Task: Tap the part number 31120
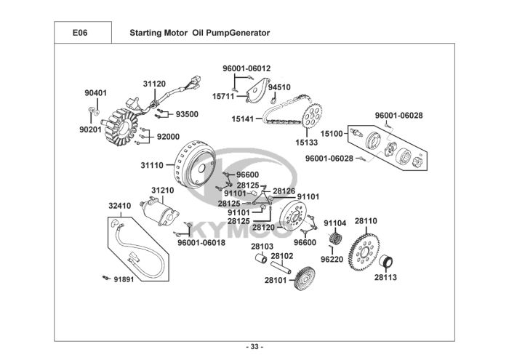point(154,84)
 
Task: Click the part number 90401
point(95,93)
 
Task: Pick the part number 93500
point(187,114)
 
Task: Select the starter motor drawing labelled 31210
point(161,212)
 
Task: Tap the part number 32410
point(120,206)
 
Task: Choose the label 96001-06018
point(201,243)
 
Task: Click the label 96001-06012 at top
point(247,68)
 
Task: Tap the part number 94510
point(279,87)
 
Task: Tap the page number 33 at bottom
point(254,346)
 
